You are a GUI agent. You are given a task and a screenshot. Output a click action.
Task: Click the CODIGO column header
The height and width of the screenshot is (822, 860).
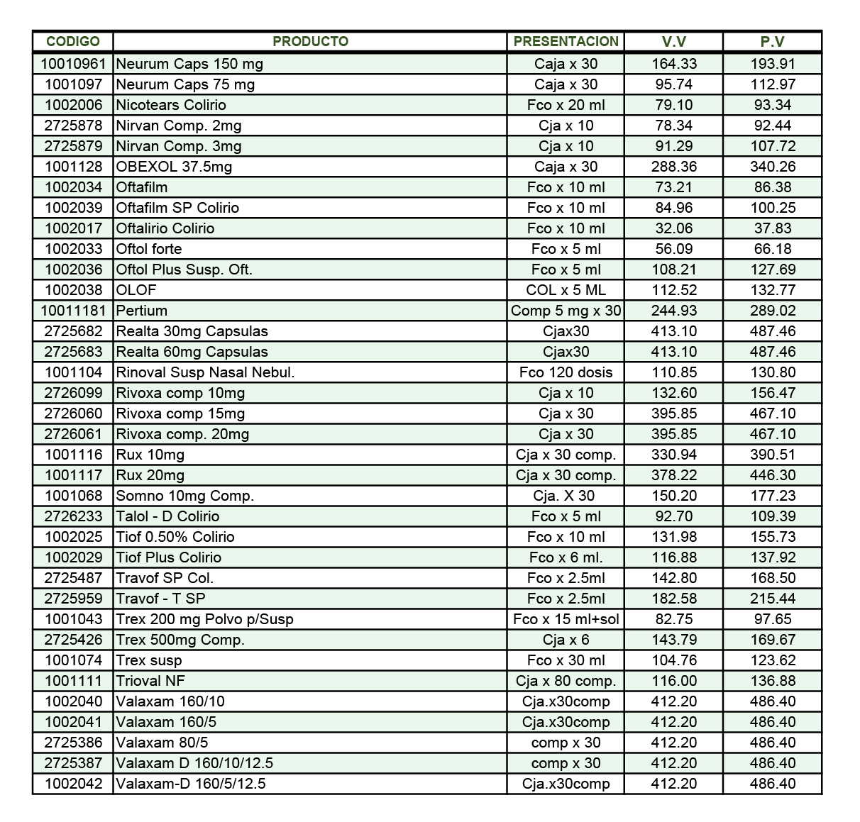(73, 41)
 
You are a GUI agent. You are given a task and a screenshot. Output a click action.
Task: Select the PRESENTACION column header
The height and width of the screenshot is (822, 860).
(566, 41)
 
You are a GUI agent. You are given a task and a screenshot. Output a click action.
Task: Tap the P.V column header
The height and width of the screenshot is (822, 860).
(772, 41)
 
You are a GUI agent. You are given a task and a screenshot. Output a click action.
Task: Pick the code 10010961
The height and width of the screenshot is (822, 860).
(73, 64)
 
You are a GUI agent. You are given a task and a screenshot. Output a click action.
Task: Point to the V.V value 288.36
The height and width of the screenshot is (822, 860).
(674, 167)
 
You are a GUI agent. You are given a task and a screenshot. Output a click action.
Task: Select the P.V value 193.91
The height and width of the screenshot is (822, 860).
(773, 64)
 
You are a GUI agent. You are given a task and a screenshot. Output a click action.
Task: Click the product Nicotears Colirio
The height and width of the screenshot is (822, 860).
(171, 105)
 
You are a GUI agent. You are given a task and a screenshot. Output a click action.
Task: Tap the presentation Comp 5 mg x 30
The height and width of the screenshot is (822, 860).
(566, 311)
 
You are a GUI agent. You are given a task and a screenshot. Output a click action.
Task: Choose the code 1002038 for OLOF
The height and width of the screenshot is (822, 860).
(74, 290)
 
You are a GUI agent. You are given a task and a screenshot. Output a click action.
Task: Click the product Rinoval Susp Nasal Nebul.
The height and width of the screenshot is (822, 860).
(205, 372)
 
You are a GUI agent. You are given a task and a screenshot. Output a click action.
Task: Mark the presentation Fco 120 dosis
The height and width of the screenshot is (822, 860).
(566, 372)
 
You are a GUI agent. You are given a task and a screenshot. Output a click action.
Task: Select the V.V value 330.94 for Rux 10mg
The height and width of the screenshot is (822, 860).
(674, 455)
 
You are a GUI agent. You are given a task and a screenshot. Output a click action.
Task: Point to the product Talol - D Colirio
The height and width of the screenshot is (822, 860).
(167, 516)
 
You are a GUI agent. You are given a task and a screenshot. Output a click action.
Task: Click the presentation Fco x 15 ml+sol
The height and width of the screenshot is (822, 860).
(566, 619)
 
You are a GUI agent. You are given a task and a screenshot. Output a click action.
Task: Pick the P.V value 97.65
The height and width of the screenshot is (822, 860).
(773, 619)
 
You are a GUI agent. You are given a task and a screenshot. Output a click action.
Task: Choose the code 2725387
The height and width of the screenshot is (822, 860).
(74, 763)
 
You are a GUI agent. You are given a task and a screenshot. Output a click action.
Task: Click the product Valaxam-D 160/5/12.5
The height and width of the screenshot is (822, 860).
(191, 784)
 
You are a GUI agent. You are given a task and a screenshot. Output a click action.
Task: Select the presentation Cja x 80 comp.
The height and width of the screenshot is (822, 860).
(566, 681)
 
